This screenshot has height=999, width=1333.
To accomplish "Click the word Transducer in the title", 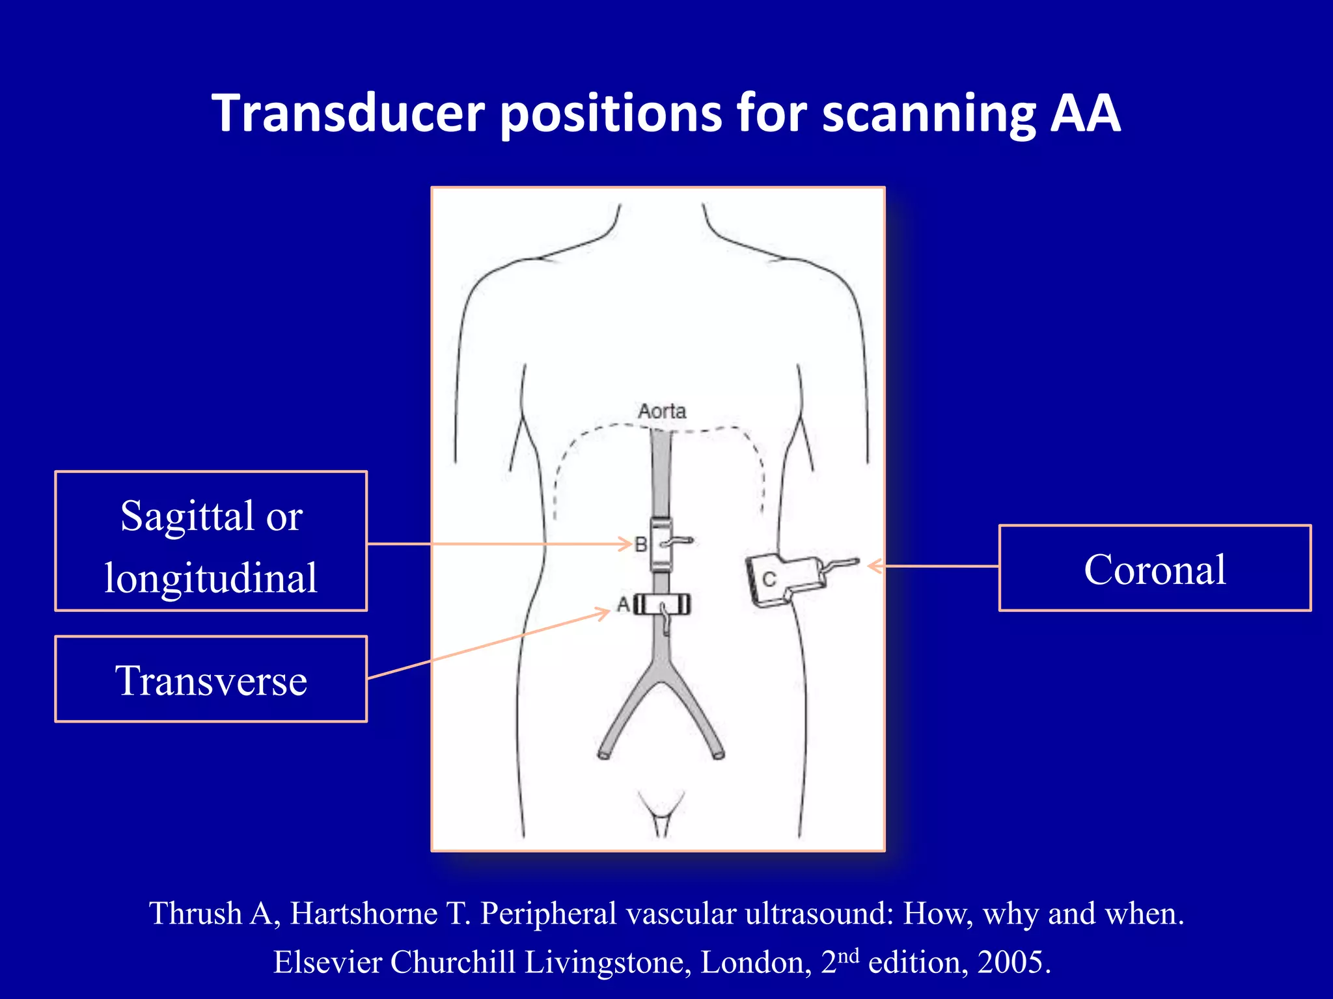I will (x=348, y=114).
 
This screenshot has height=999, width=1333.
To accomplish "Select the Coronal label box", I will (x=1155, y=568).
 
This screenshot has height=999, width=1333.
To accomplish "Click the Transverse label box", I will (x=211, y=680).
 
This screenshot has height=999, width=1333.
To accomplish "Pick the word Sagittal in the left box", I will (x=187, y=516).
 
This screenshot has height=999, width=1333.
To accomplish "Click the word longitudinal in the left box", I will (x=211, y=578).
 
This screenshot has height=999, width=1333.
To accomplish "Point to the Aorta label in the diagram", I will (x=661, y=412).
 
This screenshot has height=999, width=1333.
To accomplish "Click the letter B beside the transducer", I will (x=640, y=544).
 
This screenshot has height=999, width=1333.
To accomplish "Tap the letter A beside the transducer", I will (x=623, y=605).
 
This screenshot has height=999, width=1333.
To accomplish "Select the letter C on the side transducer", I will (x=769, y=579).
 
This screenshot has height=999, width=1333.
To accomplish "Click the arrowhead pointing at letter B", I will (x=626, y=544).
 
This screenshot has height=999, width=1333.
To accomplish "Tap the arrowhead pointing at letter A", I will (x=604, y=611).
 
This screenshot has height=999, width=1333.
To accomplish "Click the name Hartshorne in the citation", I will (x=363, y=914).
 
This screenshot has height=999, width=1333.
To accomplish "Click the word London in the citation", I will (x=755, y=962).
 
